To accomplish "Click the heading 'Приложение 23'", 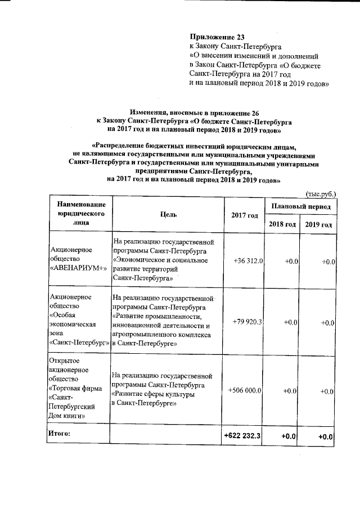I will pyautogui.click(x=215, y=37).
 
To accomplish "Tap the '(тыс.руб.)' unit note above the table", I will pyautogui.click(x=321, y=193).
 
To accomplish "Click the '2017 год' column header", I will pyautogui.click(x=244, y=215).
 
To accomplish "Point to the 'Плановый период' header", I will pyautogui.click(x=301, y=207).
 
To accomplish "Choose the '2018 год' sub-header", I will pyautogui.click(x=282, y=224).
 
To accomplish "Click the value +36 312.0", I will pyautogui.click(x=248, y=262).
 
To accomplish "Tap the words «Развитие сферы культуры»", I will pyautogui.click(x=153, y=394).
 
